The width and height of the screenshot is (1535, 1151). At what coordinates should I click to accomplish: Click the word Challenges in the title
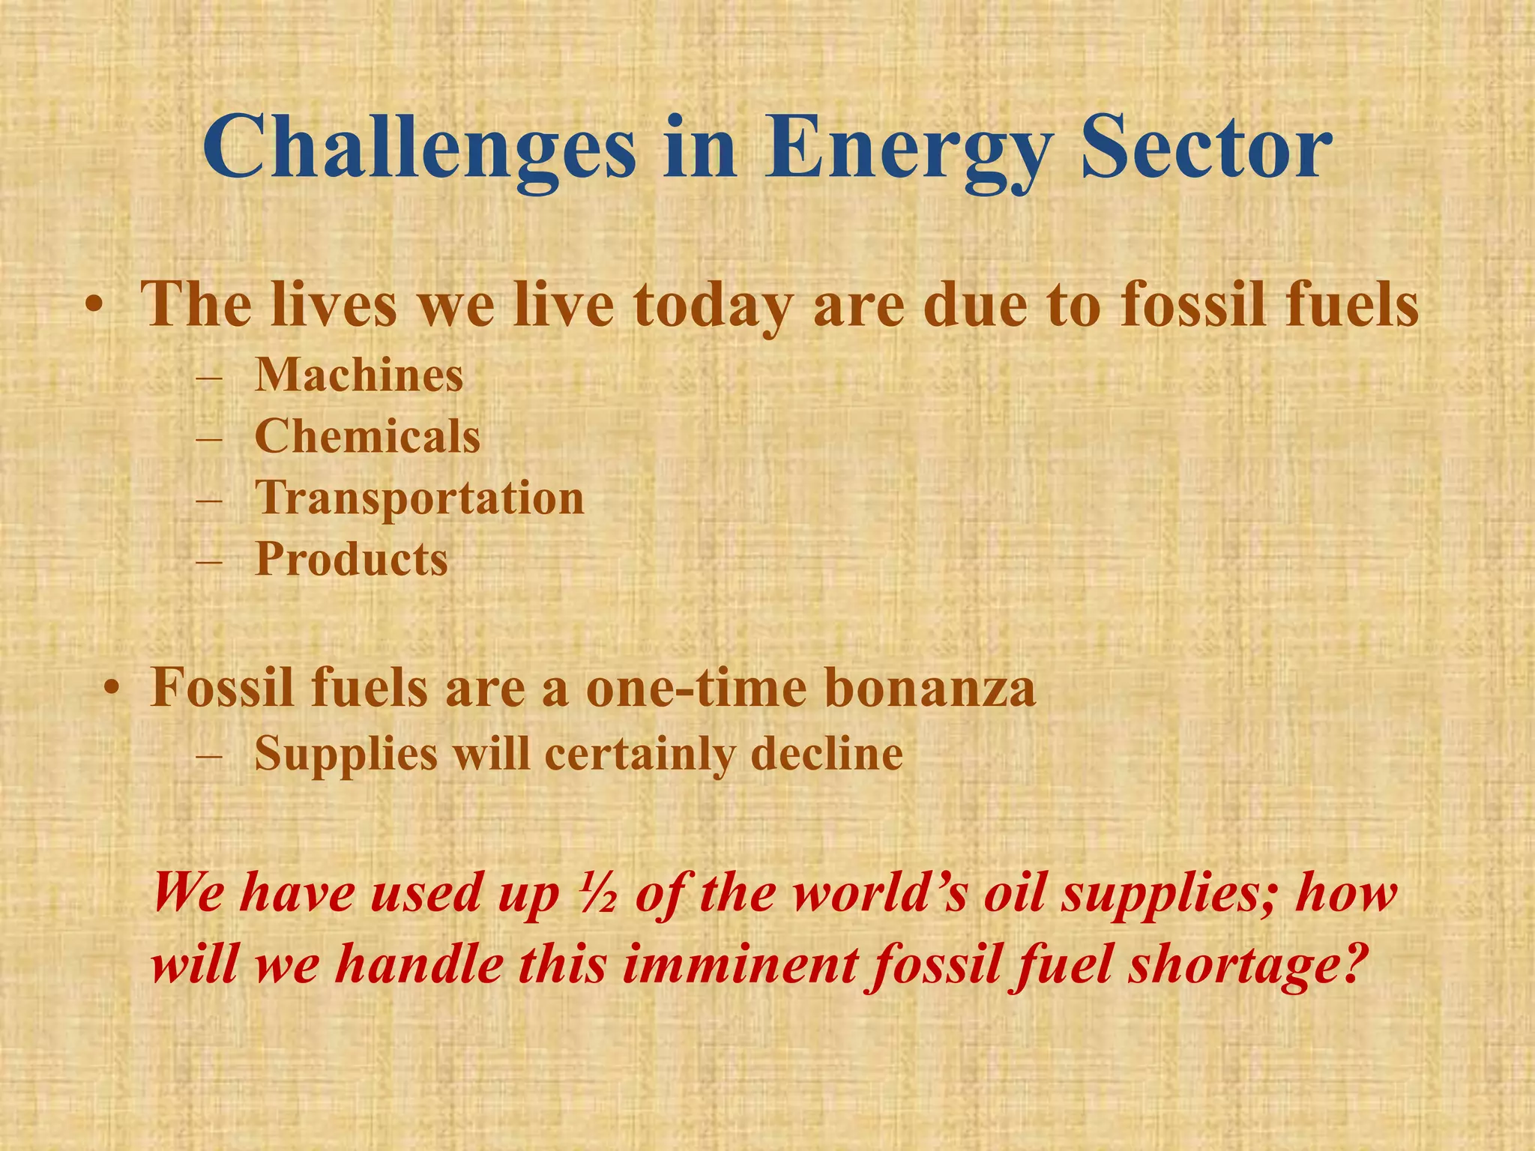pos(420,148)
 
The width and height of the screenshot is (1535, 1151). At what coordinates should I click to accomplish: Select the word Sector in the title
pos(1207,148)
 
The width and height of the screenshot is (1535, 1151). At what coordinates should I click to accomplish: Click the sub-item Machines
pos(358,375)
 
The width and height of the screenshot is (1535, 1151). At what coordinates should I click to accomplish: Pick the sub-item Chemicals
pos(367,436)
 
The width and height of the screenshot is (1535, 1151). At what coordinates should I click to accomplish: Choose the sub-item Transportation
pos(419,498)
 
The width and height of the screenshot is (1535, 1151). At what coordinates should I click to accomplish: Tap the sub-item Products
pos(351,560)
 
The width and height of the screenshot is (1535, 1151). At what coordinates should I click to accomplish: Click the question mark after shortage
pos(1345,964)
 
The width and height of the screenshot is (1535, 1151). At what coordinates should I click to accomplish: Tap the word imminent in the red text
pos(739,964)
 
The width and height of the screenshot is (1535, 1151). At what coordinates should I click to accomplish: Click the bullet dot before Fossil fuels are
pos(112,689)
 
